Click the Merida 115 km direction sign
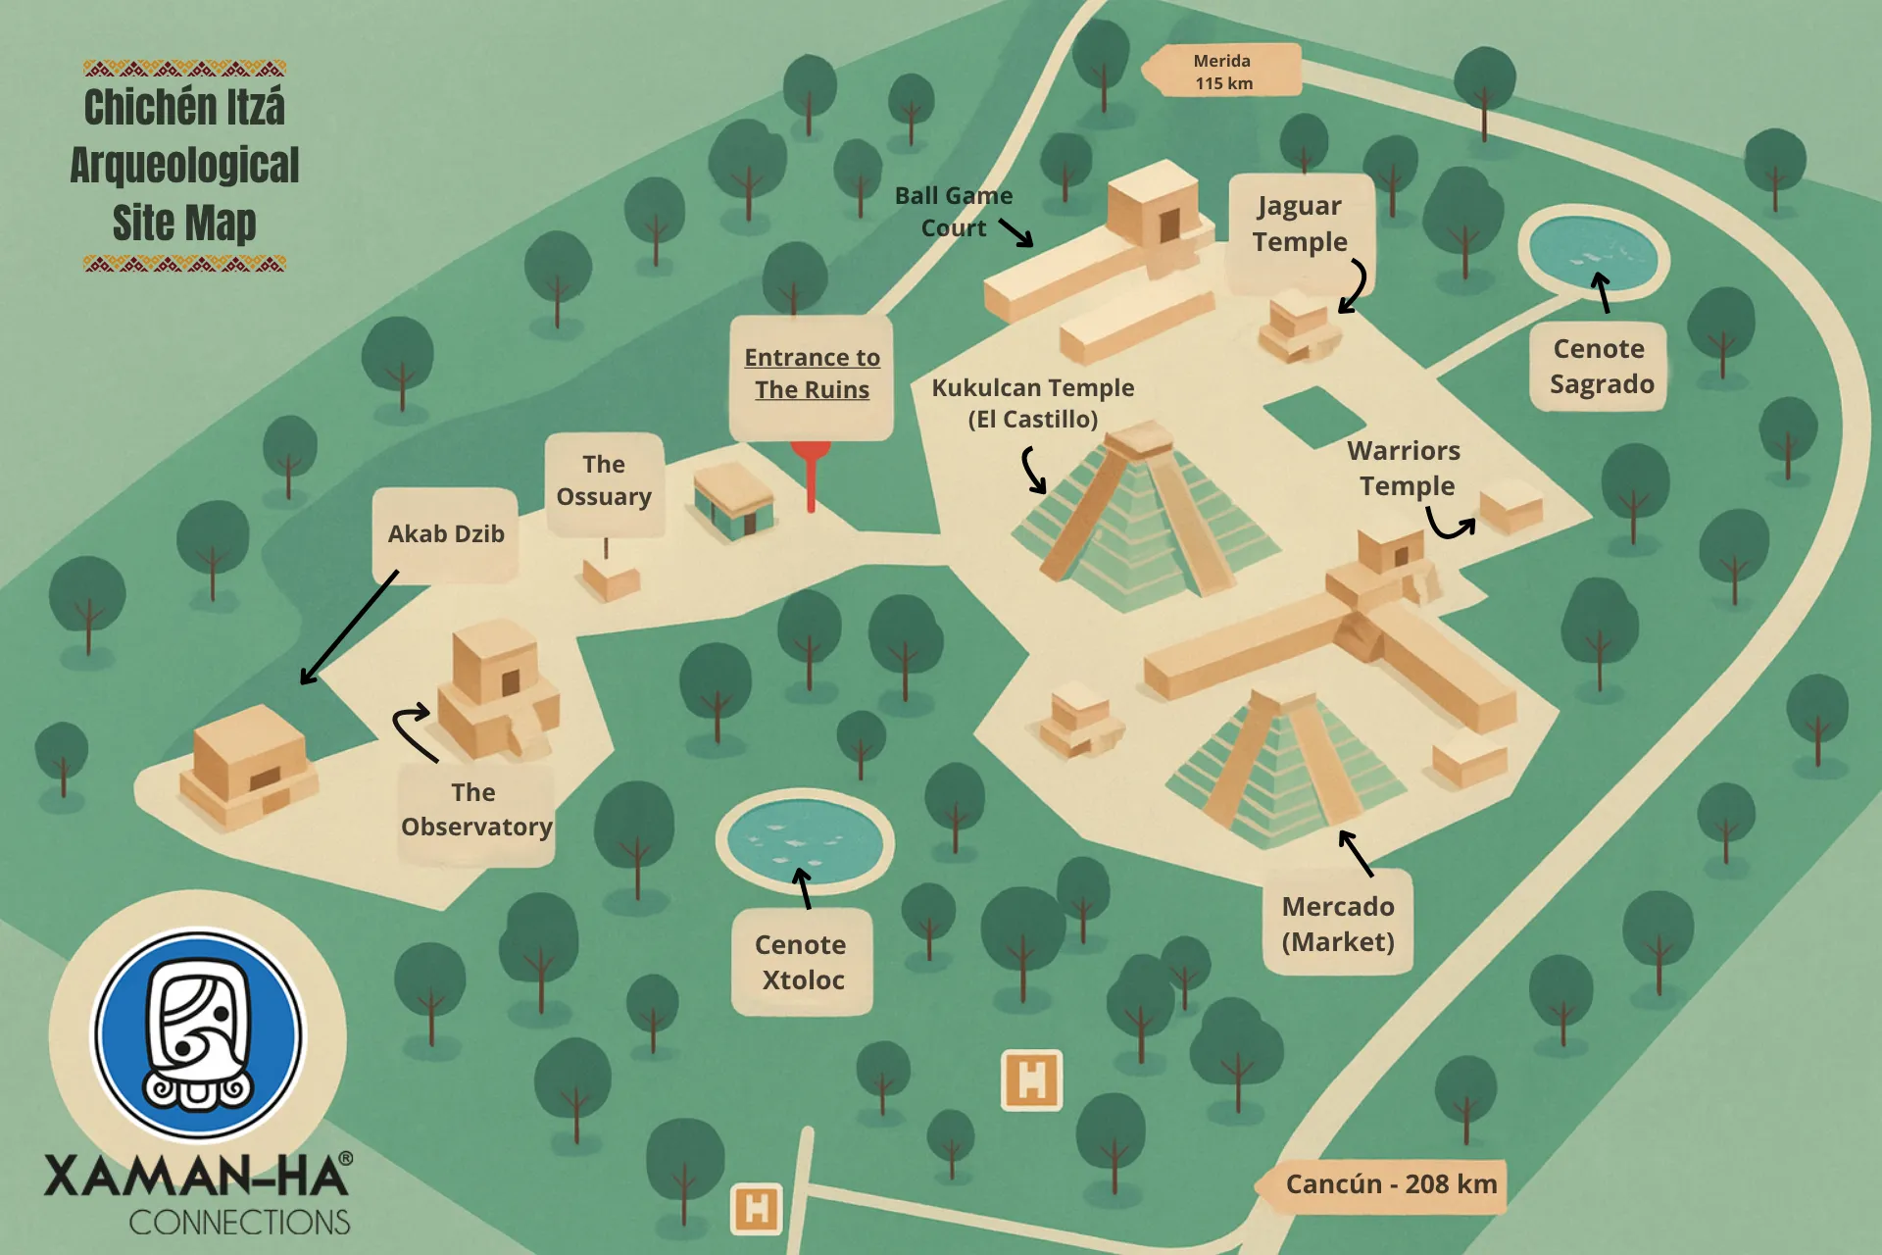(x=1222, y=72)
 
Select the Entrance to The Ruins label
(x=812, y=375)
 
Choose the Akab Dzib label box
(x=446, y=534)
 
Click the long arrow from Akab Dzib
(x=348, y=627)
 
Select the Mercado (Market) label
(x=1338, y=923)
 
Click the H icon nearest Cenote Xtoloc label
(x=1031, y=1080)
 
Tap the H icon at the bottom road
(x=757, y=1208)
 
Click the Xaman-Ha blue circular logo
(x=199, y=1034)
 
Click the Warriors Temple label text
(x=1405, y=469)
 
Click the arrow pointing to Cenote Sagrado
(x=1602, y=292)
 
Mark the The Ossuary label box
(x=605, y=481)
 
